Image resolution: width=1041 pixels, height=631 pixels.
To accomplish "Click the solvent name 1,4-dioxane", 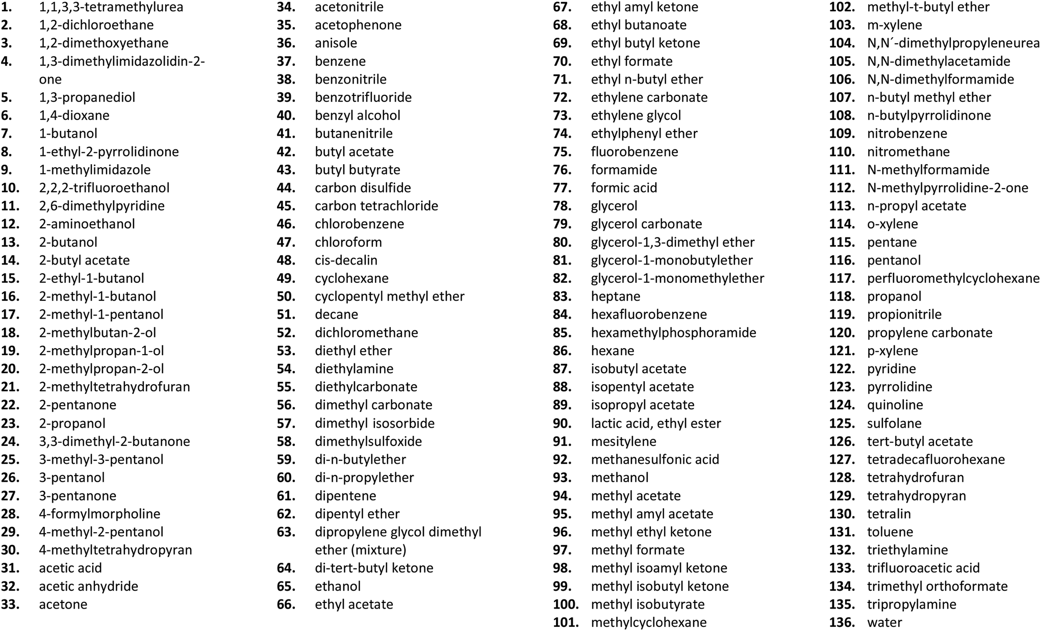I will pos(74,116).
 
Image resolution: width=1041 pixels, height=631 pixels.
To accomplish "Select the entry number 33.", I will pos(10,604).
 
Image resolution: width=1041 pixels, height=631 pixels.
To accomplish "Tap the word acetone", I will pos(63,604).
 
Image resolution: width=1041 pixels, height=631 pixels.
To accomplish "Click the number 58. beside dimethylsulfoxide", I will pos(286,441).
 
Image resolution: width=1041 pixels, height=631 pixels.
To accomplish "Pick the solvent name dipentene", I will pos(345,496).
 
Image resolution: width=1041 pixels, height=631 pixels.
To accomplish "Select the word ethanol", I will pos(338,586).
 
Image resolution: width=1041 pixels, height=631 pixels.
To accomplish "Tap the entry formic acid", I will pos(624,188).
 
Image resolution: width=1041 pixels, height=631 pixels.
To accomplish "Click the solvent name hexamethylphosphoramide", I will pos(673,333).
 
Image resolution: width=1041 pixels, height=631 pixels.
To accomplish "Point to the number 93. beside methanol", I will pos(562,478).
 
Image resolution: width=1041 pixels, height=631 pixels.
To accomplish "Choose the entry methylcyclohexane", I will pos(649,622).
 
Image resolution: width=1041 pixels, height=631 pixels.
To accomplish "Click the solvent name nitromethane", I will pos(908,152).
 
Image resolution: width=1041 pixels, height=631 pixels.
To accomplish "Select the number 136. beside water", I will pos(842,622).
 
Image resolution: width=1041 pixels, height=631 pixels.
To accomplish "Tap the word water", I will pos(884,622).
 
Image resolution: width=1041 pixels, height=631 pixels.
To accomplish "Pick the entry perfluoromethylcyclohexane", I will pos(953,278).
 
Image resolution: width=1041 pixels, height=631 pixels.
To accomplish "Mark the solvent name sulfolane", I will pos(894,424).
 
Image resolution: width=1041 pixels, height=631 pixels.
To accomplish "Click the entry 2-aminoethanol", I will pos(87,224).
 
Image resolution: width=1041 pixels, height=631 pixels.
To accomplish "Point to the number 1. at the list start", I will pos(7,7).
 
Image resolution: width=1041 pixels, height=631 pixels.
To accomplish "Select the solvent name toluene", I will pos(890,532).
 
